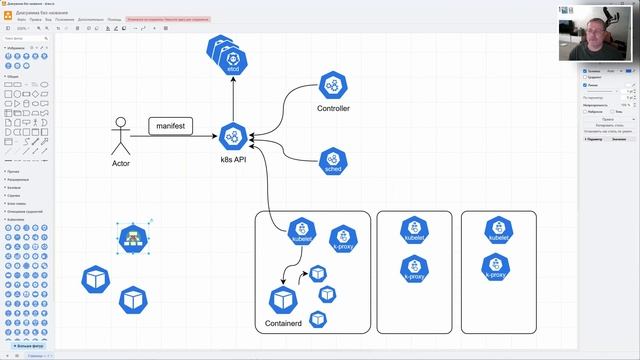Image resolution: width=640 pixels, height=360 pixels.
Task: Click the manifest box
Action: coord(170,126)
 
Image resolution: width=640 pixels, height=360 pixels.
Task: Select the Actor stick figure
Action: coord(121,137)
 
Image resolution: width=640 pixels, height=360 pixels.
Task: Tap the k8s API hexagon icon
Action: coord(233,136)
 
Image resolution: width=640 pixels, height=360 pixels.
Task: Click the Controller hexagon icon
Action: coord(333,86)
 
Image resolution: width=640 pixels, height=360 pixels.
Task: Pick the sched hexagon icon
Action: coord(333,160)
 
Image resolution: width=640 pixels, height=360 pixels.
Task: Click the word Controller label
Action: coord(333,108)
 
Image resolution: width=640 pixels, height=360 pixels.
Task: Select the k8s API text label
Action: coord(233,159)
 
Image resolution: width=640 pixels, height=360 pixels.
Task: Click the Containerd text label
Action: coord(284,325)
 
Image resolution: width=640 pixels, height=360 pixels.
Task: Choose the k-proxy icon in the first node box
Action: coord(342,238)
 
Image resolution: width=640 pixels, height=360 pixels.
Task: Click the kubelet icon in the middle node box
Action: coord(414,231)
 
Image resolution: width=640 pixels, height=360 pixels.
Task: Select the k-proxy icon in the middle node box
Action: coord(414,268)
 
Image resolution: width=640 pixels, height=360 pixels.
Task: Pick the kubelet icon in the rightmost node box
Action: coord(497,231)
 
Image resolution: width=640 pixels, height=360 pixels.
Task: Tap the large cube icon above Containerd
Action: coord(283,300)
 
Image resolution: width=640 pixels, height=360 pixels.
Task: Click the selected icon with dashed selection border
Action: coord(131,238)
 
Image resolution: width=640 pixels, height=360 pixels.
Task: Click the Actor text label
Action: coord(121,163)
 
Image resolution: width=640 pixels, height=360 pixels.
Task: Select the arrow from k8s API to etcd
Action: coord(233,100)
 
